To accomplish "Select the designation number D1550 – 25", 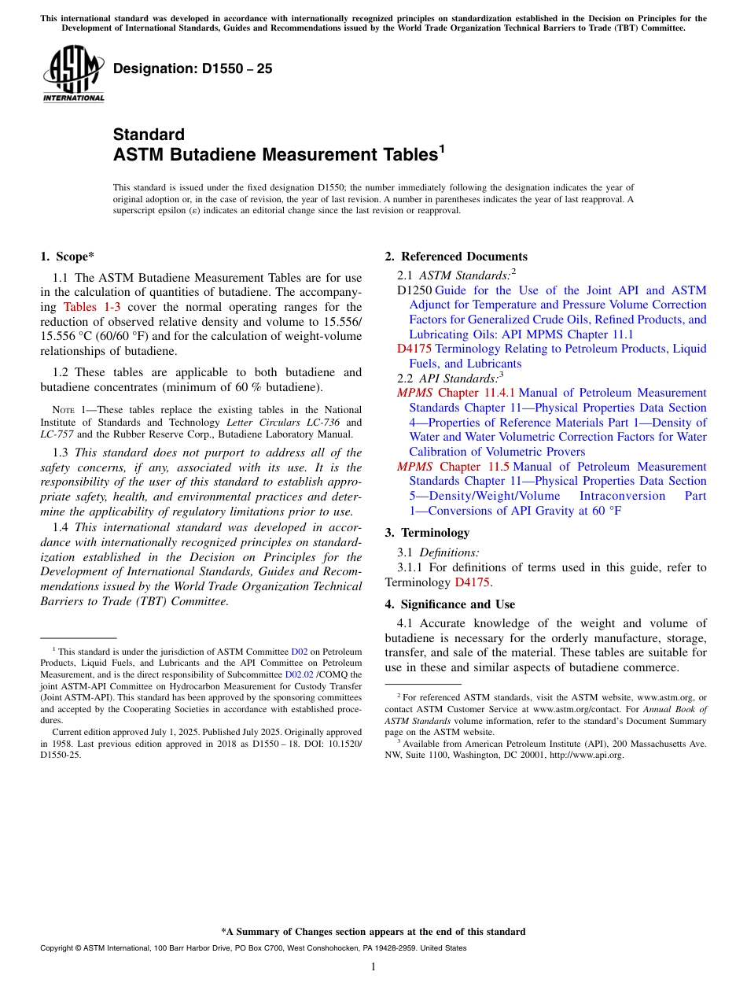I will pyautogui.click(x=193, y=68).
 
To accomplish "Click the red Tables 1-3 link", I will pyautogui.click(x=91, y=307).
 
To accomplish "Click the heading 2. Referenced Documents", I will pyautogui.click(x=456, y=257).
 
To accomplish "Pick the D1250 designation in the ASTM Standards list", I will pyautogui.click(x=414, y=290).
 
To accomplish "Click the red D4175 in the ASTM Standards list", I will pyautogui.click(x=414, y=349).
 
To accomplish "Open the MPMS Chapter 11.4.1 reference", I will pyautogui.click(x=456, y=393).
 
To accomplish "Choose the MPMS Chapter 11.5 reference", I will pyautogui.click(x=454, y=467).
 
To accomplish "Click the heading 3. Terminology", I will pyautogui.click(x=427, y=533).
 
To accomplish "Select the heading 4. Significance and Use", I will pyautogui.click(x=450, y=604).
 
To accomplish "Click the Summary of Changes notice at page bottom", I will pyautogui.click(x=373, y=932).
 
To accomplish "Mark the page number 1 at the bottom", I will pyautogui.click(x=373, y=966).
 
